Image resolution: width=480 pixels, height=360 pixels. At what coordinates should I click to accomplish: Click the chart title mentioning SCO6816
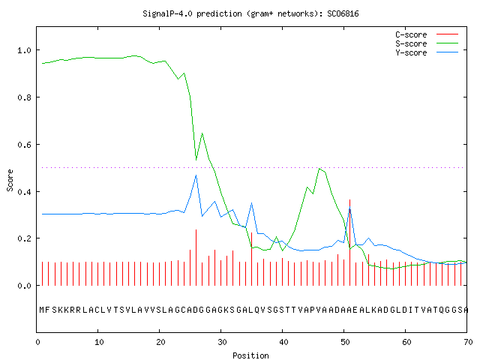[x=250, y=13]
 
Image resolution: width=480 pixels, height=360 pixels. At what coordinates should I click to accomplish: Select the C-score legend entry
[x=427, y=34]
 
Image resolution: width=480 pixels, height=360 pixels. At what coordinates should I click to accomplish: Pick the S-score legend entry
[x=427, y=43]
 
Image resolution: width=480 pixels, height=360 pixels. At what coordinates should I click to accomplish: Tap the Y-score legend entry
[x=427, y=52]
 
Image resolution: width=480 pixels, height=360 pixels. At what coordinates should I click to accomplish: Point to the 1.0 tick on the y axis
[x=24, y=50]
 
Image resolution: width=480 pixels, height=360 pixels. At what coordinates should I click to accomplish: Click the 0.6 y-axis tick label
[x=24, y=145]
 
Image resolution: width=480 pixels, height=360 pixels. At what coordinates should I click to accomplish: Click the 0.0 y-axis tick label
[x=24, y=286]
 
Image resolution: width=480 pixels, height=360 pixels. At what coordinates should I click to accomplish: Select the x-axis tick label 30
[x=222, y=342]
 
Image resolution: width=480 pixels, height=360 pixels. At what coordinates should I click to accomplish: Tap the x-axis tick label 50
[x=345, y=342]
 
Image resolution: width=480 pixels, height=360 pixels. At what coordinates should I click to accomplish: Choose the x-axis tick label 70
[x=468, y=342]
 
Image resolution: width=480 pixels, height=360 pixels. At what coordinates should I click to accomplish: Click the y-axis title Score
[x=10, y=180]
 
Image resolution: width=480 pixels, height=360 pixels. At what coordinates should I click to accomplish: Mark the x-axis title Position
[x=250, y=355]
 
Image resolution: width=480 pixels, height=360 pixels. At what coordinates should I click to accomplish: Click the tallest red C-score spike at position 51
[x=350, y=242]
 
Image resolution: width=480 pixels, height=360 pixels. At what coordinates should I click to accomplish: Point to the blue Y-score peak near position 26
[x=196, y=175]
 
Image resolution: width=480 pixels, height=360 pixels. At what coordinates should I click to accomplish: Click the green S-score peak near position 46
[x=319, y=168]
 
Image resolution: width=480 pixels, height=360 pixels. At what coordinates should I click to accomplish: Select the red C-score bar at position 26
[x=196, y=257]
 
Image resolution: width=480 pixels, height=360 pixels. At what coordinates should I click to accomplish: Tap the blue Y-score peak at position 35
[x=252, y=202]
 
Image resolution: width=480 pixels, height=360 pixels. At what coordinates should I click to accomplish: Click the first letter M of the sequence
[x=42, y=310]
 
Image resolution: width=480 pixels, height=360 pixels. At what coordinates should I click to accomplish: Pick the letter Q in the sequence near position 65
[x=442, y=310]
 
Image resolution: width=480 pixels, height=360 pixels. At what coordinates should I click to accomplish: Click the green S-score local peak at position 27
[x=202, y=133]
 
